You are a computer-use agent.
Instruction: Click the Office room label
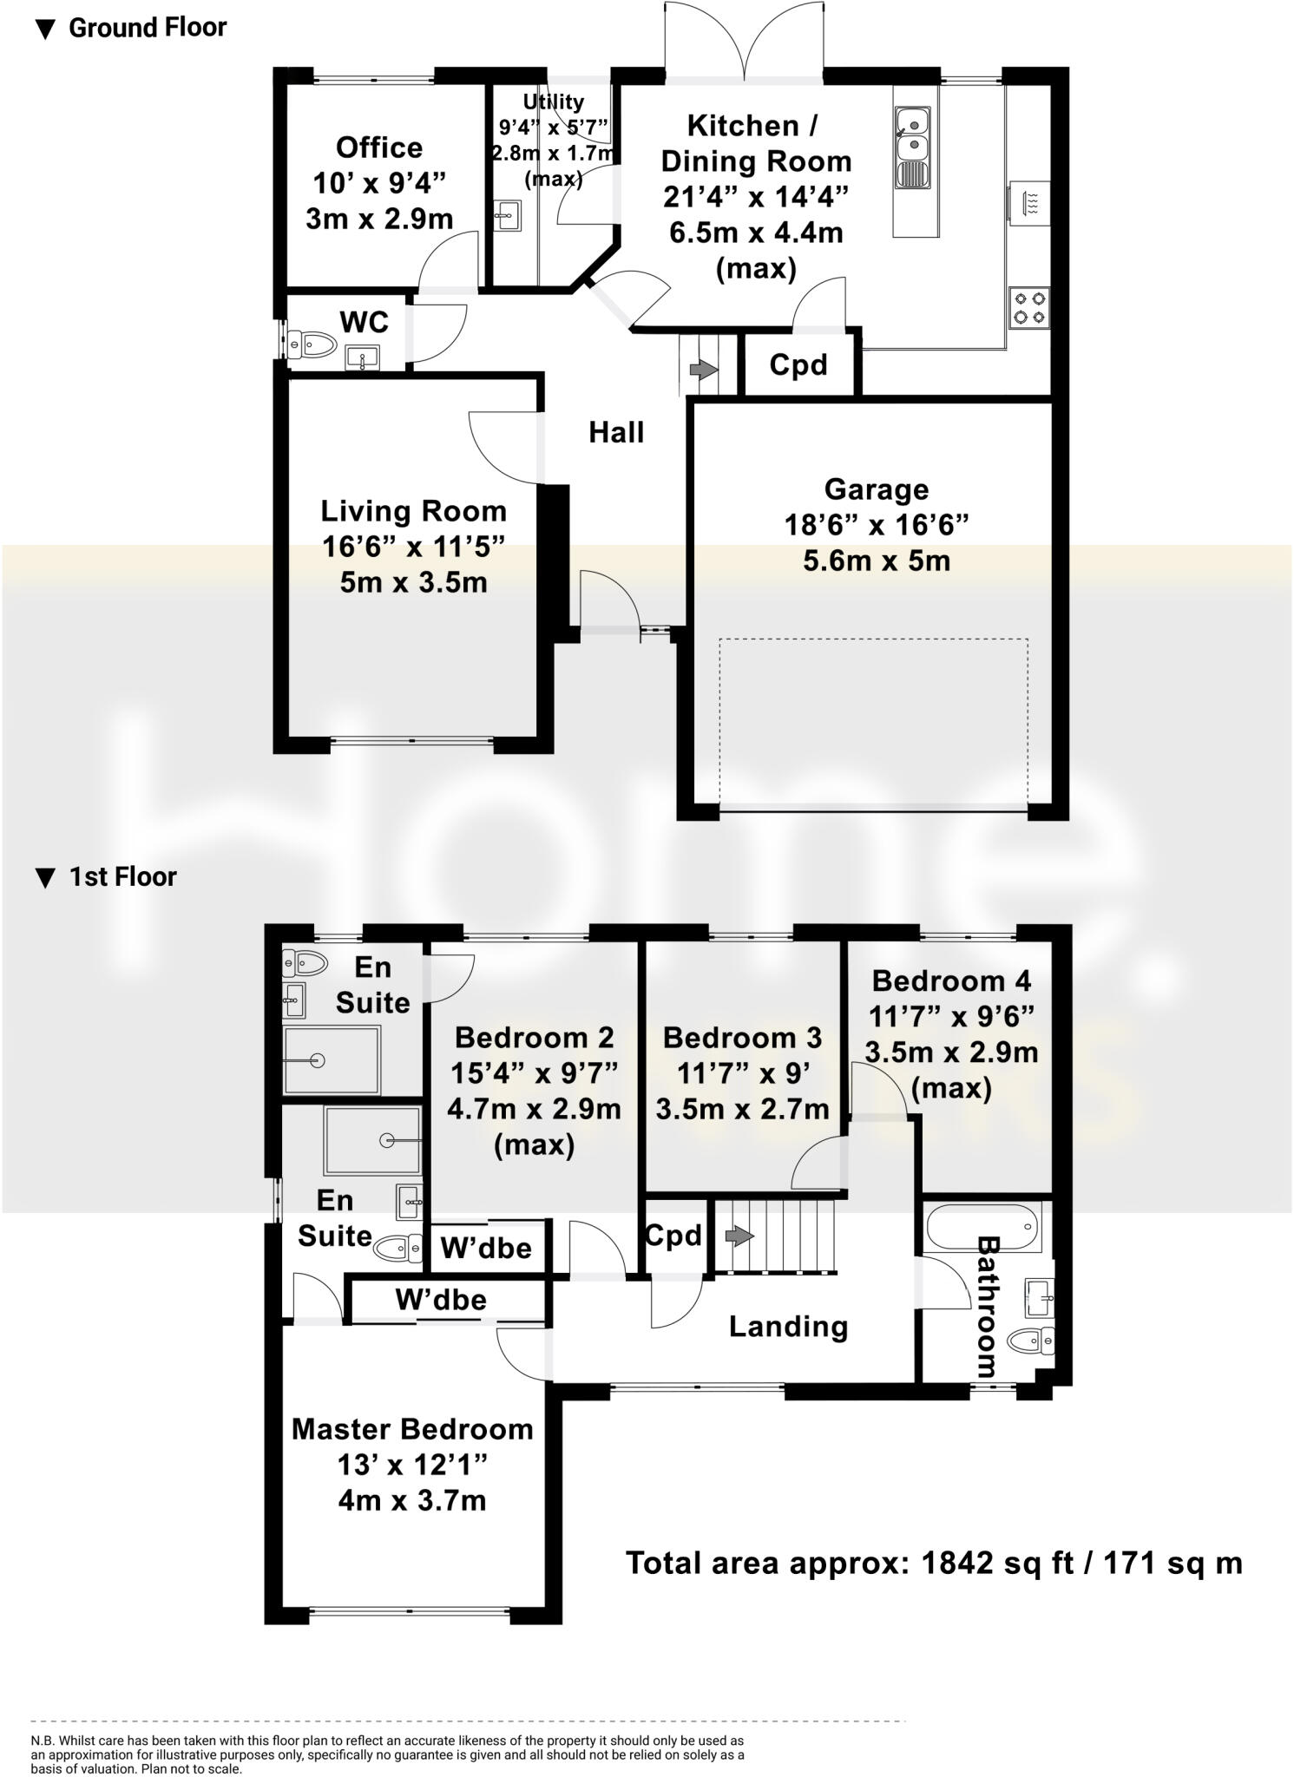(379, 148)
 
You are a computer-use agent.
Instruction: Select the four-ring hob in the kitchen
(1029, 307)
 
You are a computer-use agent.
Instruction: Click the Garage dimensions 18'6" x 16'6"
(876, 525)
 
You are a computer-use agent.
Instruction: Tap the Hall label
(616, 432)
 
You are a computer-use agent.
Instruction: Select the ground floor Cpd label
(798, 365)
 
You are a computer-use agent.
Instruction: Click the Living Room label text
(413, 511)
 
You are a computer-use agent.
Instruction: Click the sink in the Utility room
(509, 215)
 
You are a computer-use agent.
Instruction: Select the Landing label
(788, 1327)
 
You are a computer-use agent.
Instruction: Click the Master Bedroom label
(412, 1429)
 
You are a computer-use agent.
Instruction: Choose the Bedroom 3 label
(742, 1038)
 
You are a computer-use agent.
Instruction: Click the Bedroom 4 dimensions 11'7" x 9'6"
(953, 1016)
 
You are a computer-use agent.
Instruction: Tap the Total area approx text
(934, 1563)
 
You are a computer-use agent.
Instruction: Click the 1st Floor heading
(122, 877)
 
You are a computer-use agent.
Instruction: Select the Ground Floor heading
(147, 28)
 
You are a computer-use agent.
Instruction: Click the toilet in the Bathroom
(1034, 1341)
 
